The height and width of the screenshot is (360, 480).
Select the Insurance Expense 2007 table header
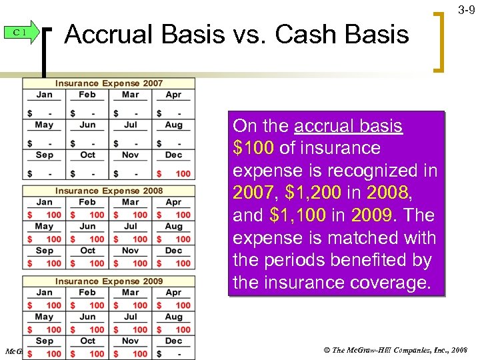coord(109,83)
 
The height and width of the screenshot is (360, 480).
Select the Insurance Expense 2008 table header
coord(109,191)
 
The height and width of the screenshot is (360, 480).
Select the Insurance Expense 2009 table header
coord(109,281)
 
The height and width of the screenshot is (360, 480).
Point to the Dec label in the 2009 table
coord(173,340)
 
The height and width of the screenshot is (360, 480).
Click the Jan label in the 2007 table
coord(44,95)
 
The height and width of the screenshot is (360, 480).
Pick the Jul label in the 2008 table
coord(131,227)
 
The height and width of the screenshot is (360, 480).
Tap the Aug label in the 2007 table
coord(173,125)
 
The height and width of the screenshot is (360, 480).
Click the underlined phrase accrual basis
coord(348,126)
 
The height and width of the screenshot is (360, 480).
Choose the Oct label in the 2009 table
coord(87,340)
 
